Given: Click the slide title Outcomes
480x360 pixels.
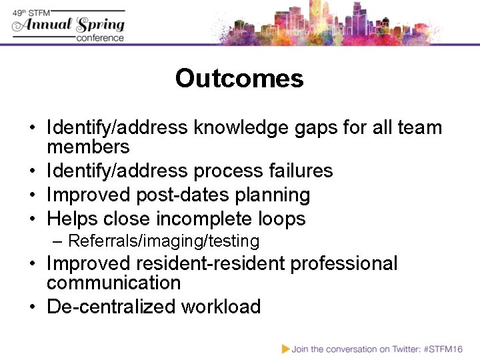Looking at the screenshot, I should point(239,79).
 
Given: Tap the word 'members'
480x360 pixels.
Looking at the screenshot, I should point(88,147).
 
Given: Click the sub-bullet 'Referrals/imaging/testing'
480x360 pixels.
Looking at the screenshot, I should point(164,241).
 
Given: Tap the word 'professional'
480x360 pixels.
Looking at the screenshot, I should point(343,263).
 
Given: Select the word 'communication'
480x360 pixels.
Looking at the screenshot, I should point(114,283).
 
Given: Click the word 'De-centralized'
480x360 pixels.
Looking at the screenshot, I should point(112,307).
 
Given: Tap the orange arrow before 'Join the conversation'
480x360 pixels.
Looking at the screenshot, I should point(285,349).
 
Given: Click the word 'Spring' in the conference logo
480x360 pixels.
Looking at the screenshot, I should point(101,25).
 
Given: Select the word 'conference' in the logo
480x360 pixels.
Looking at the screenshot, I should point(100,38).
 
